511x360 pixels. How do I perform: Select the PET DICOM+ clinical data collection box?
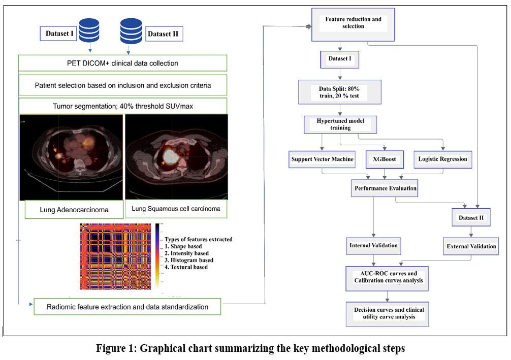coord(122,63)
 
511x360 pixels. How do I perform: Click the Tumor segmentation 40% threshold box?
coord(122,106)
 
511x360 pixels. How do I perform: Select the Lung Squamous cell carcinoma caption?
coord(176,209)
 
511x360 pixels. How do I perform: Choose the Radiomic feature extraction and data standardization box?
coord(127,307)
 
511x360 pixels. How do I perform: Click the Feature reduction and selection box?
coord(353,22)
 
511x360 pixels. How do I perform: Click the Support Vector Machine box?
coord(322,159)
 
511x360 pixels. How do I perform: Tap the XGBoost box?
coord(384,159)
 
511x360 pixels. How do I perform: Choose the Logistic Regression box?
coord(442,159)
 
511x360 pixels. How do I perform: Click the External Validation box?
coord(472,247)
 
